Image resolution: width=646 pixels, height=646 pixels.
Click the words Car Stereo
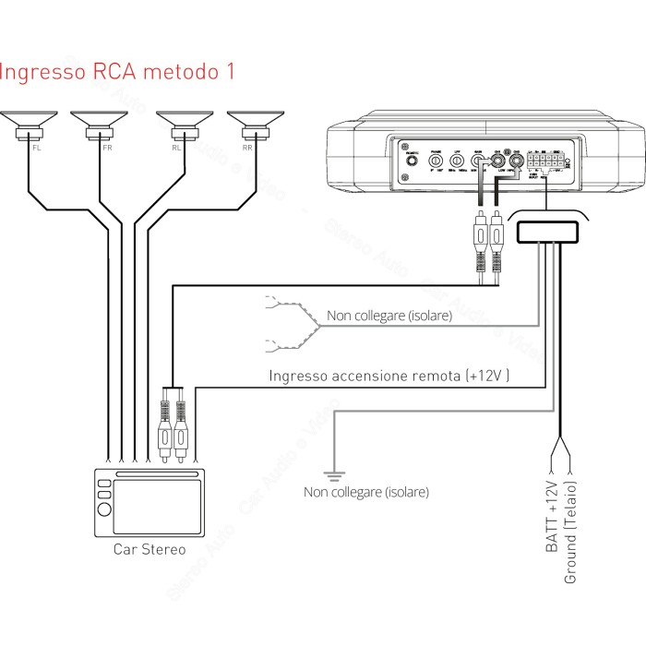point(150,549)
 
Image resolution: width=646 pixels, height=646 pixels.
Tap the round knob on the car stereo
point(103,509)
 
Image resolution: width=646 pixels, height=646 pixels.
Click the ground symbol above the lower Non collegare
point(335,474)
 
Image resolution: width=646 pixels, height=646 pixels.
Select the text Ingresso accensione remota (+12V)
point(389,376)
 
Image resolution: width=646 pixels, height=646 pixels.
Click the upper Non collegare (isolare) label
point(389,316)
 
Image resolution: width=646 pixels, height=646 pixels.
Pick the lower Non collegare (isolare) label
point(366,492)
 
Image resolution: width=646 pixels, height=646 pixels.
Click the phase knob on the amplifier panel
point(434,161)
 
